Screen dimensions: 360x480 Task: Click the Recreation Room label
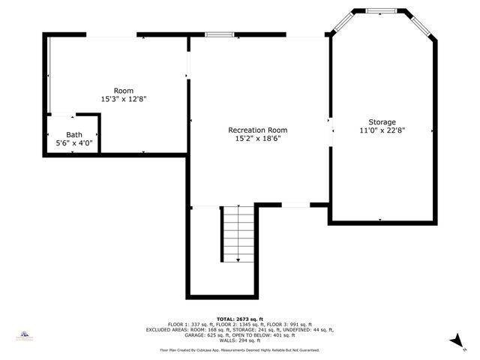pyautogui.click(x=257, y=130)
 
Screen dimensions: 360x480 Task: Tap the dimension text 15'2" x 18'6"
pyautogui.click(x=257, y=139)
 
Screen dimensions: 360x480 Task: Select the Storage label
pyautogui.click(x=382, y=121)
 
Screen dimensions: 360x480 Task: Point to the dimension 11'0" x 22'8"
pyautogui.click(x=382, y=130)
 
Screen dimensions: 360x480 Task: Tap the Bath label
pyautogui.click(x=74, y=134)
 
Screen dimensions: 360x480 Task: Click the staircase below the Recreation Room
pyautogui.click(x=238, y=234)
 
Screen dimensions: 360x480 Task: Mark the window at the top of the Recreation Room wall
pyautogui.click(x=220, y=34)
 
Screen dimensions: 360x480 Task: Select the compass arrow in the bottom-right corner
pyautogui.click(x=454, y=340)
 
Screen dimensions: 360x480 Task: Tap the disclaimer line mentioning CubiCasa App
pyautogui.click(x=240, y=350)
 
